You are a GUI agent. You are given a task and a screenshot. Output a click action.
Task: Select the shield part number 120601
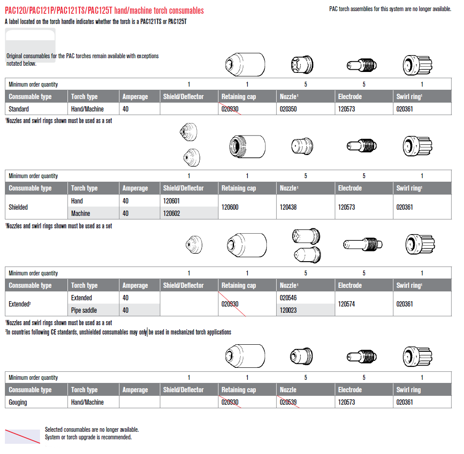pyautogui.click(x=171, y=201)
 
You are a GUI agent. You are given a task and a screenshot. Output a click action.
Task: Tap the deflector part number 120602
pyautogui.click(x=171, y=213)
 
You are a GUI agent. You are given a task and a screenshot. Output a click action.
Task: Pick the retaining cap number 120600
pyautogui.click(x=230, y=207)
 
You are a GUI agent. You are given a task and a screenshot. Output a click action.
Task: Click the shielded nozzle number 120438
pyautogui.click(x=289, y=207)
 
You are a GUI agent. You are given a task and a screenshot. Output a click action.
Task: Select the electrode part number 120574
pyautogui.click(x=346, y=304)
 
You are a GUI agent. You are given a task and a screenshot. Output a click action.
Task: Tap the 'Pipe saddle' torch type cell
pyautogui.click(x=84, y=310)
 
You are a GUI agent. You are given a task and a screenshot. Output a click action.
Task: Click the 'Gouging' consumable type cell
pyautogui.click(x=18, y=402)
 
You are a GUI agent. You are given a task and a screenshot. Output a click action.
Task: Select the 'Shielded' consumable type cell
pyautogui.click(x=18, y=207)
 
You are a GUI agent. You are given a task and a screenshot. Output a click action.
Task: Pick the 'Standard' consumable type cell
pyautogui.click(x=19, y=109)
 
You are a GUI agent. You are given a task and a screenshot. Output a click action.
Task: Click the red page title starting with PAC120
pyautogui.click(x=104, y=10)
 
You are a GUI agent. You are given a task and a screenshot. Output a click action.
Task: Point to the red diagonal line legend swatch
pyautogui.click(x=22, y=436)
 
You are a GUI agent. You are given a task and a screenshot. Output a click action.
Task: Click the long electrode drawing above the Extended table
pyautogui.click(x=363, y=243)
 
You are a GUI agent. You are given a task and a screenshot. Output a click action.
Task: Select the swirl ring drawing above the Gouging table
pyautogui.click(x=417, y=355)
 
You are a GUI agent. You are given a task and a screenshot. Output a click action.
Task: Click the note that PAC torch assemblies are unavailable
pyautogui.click(x=390, y=9)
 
